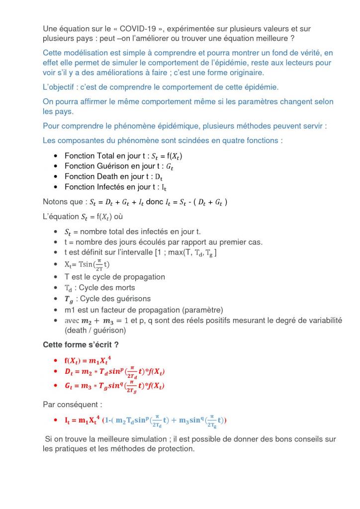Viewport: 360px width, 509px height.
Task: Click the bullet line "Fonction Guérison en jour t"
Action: [119, 166]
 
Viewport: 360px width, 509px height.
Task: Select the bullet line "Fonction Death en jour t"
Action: [114, 176]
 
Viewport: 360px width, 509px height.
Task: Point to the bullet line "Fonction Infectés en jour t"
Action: [115, 187]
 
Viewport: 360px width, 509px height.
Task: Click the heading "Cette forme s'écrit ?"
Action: [81, 344]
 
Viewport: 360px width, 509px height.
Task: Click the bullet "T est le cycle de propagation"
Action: [114, 277]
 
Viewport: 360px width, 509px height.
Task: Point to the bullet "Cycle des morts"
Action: [100, 288]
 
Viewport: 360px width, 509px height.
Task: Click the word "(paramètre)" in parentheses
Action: [202, 310]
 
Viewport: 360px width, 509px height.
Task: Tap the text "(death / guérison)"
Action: [95, 330]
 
